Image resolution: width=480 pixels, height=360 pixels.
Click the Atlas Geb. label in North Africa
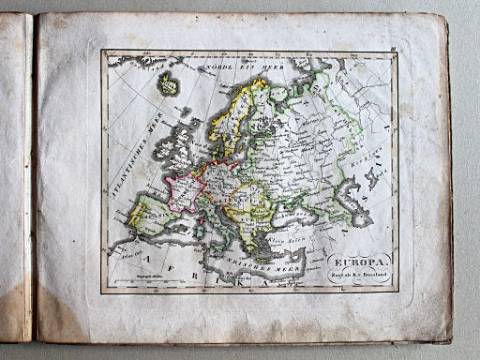tap(131, 255)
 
